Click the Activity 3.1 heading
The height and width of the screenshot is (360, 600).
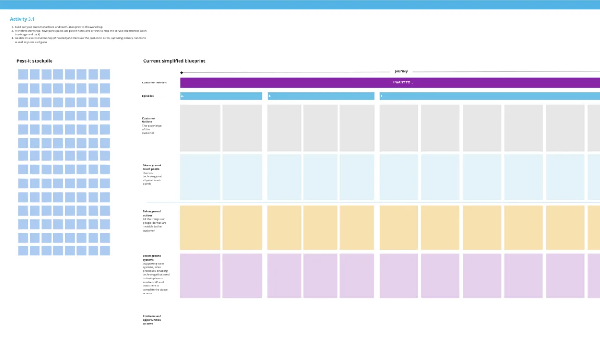[22, 19]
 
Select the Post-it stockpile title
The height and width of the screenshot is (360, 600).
[35, 61]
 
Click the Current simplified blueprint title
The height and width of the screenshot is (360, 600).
[174, 61]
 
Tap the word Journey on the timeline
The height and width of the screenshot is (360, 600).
[401, 71]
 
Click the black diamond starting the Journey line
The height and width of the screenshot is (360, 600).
[182, 73]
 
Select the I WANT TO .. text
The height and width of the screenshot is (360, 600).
[403, 82]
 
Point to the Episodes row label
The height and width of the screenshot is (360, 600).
[148, 96]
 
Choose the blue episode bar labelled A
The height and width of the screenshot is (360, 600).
[221, 96]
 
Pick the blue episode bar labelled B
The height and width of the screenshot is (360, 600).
[321, 96]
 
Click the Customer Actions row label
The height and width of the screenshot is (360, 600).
[149, 120]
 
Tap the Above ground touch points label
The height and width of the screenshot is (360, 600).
[152, 167]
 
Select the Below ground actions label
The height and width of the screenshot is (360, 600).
[152, 213]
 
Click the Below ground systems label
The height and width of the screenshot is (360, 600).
[152, 258]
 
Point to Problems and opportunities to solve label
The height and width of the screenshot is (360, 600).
[152, 320]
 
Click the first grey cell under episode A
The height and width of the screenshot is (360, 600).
[200, 128]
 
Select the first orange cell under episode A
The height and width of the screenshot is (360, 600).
[200, 227]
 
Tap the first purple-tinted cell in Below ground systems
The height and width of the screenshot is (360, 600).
[200, 276]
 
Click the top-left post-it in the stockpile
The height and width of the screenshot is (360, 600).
[23, 75]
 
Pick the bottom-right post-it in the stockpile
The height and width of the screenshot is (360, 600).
[105, 251]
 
